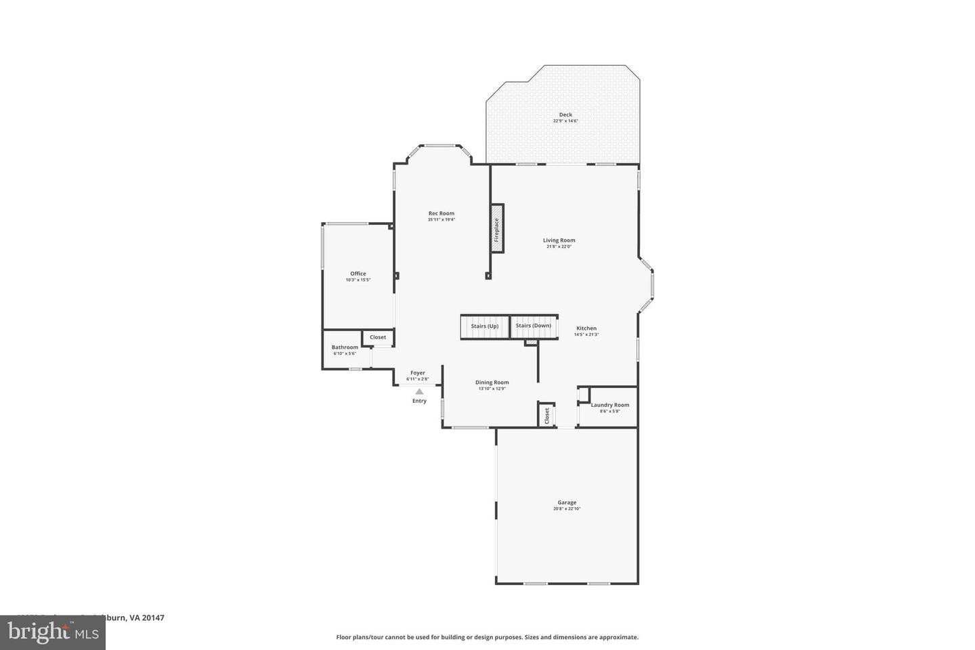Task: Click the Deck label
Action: coord(565,115)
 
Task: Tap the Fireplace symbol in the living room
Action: coord(497,229)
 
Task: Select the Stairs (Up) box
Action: coord(485,326)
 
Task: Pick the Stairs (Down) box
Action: coord(534,326)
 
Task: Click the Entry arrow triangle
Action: coord(419,391)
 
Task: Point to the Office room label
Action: coord(358,274)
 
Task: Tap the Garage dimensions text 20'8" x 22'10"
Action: coord(567,509)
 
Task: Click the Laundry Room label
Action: coord(609,405)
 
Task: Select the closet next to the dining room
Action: coord(546,415)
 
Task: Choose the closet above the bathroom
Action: coord(378,337)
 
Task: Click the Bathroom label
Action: coord(345,347)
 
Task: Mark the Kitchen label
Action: coord(586,328)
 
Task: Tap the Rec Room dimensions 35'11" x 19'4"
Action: coord(441,219)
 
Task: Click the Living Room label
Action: coord(559,240)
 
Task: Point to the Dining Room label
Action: coord(492,383)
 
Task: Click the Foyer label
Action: coord(418,373)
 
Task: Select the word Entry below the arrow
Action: coord(419,401)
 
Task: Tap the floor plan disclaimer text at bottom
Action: coord(487,637)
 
